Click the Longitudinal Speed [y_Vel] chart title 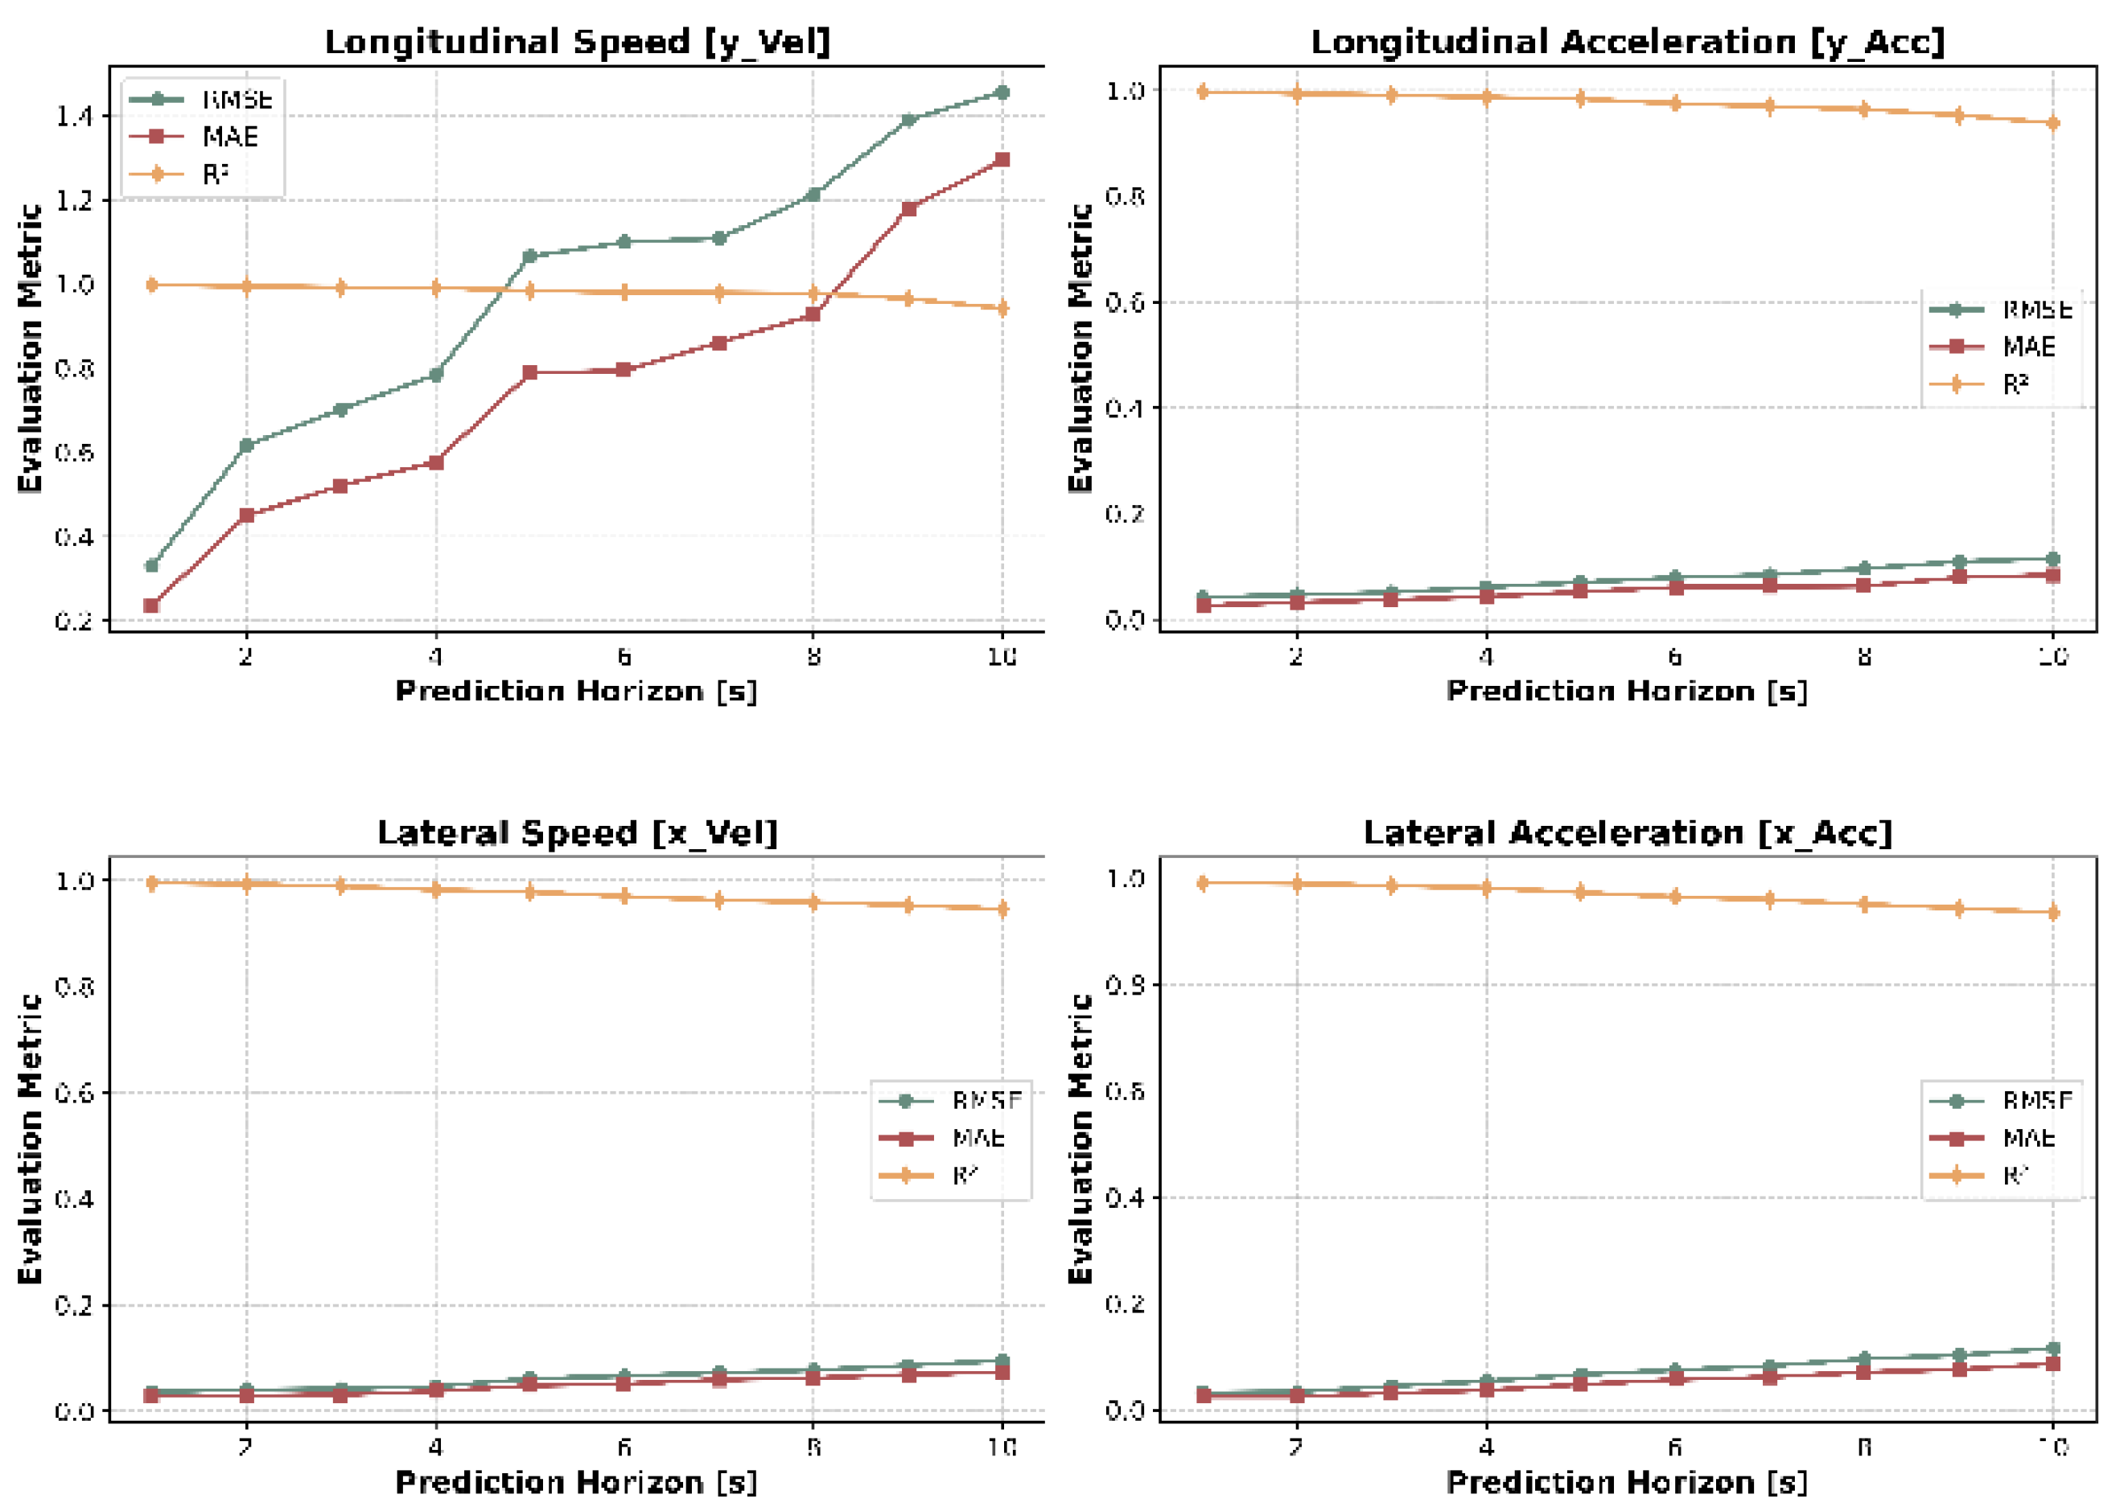(577, 43)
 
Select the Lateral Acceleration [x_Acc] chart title (1628, 833)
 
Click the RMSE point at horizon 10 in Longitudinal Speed (1002, 92)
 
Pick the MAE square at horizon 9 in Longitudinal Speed (908, 208)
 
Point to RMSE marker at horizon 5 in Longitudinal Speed (529, 256)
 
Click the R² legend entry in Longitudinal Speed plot (215, 174)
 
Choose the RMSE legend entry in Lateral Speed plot (986, 1102)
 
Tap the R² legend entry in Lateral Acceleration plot (2016, 1176)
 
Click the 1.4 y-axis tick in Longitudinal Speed (75, 117)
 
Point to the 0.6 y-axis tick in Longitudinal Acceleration (1125, 302)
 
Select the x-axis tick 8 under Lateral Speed (813, 1447)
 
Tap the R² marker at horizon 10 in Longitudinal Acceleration (2053, 123)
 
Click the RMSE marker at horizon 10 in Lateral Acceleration (2053, 1349)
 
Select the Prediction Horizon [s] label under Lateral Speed (576, 1482)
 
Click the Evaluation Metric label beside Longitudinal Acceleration (1080, 348)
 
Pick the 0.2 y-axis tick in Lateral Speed (75, 1305)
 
